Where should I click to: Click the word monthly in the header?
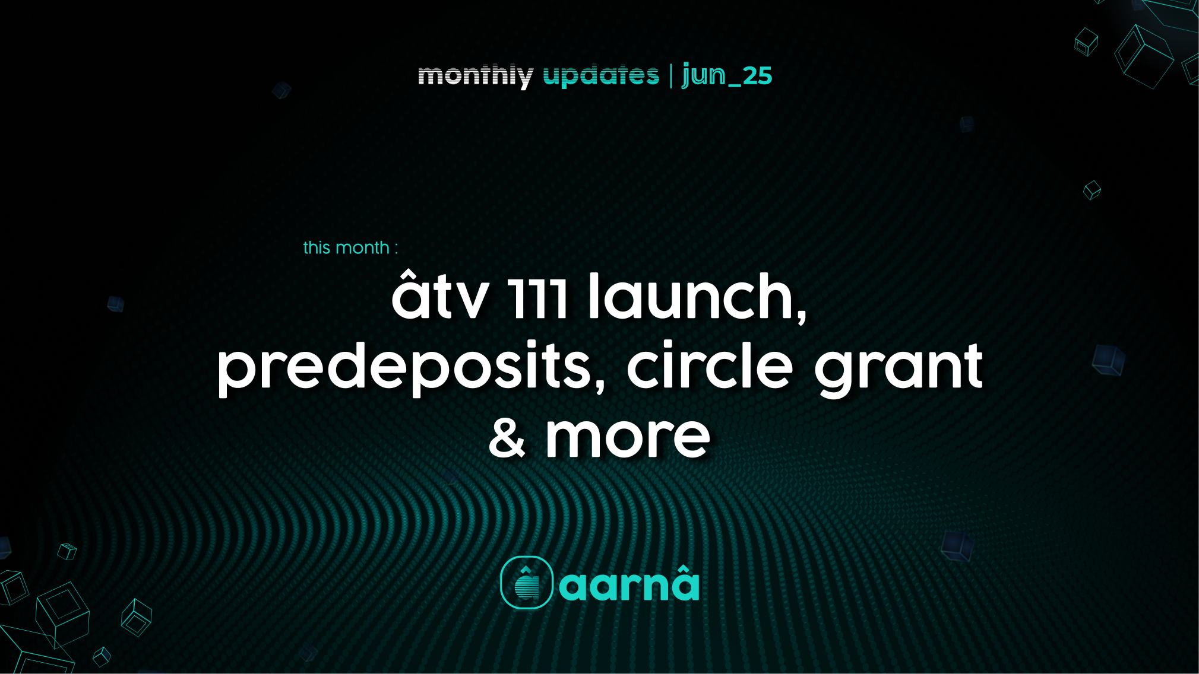(475, 76)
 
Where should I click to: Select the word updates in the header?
(601, 76)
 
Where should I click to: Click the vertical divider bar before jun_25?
(671, 76)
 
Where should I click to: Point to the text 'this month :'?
(350, 247)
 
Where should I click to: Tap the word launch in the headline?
(691, 294)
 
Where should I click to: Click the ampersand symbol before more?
(507, 438)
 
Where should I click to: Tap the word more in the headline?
(628, 438)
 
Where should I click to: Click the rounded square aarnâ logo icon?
(527, 583)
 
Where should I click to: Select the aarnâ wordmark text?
(629, 584)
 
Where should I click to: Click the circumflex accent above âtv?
(408, 275)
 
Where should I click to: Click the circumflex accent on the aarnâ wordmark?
(685, 568)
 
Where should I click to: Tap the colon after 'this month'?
(396, 249)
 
